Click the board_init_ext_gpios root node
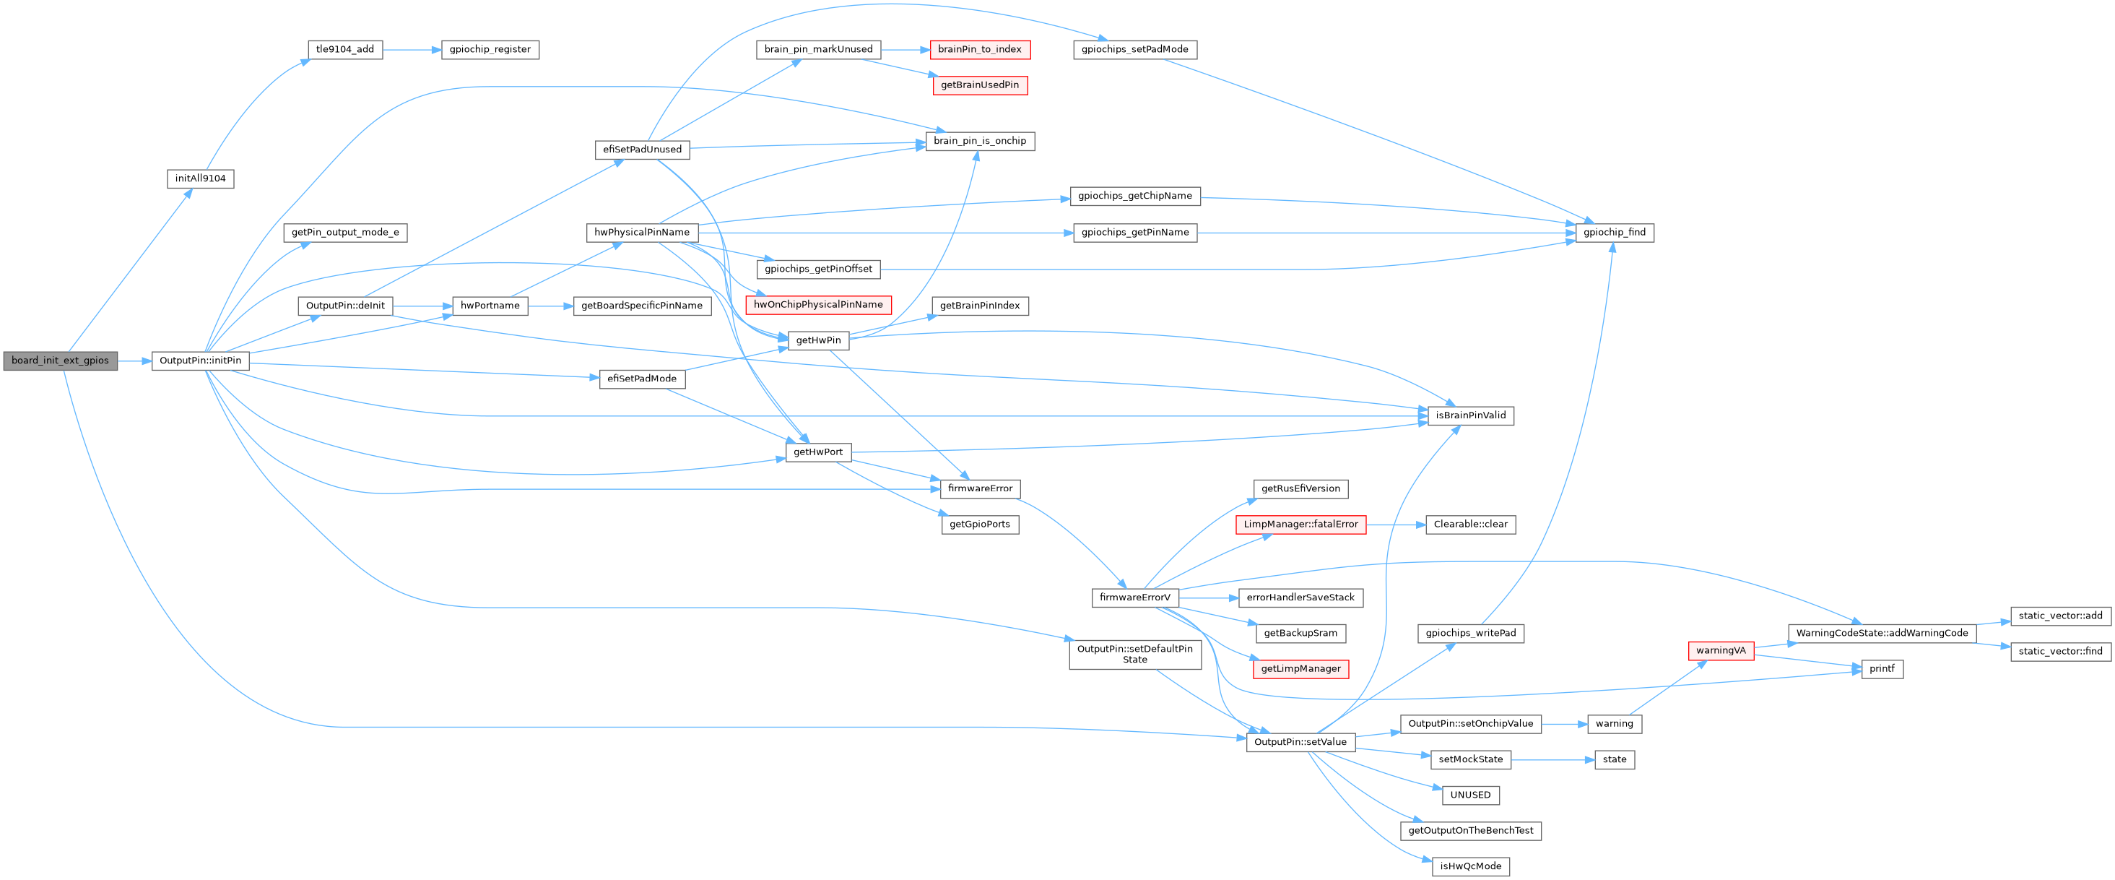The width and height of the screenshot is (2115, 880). pyautogui.click(x=60, y=361)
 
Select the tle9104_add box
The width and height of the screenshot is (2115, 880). pyautogui.click(x=345, y=49)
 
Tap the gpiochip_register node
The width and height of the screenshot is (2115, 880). pyautogui.click(x=490, y=49)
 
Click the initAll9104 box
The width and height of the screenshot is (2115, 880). pyautogui.click(x=200, y=178)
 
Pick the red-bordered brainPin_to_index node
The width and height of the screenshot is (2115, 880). pyautogui.click(x=979, y=49)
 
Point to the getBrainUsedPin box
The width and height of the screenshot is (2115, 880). pyautogui.click(x=979, y=85)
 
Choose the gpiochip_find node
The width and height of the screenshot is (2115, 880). pyautogui.click(x=1614, y=233)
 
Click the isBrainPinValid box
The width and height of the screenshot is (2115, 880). pyautogui.click(x=1470, y=415)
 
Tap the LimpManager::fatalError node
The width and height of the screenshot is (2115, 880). pyautogui.click(x=1300, y=525)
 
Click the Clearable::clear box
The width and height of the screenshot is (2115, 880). pyautogui.click(x=1470, y=525)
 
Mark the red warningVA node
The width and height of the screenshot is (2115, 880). pyautogui.click(x=1721, y=651)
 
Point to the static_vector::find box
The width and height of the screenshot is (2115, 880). pyautogui.click(x=2060, y=652)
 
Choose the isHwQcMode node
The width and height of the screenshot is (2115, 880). pyautogui.click(x=1470, y=866)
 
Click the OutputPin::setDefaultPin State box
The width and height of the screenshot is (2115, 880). pyautogui.click(x=1134, y=654)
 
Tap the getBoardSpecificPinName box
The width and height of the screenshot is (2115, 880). pyautogui.click(x=642, y=306)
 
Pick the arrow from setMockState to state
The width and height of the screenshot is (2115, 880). pyautogui.click(x=1552, y=760)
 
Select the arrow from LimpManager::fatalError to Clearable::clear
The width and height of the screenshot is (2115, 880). pyautogui.click(x=1396, y=525)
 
